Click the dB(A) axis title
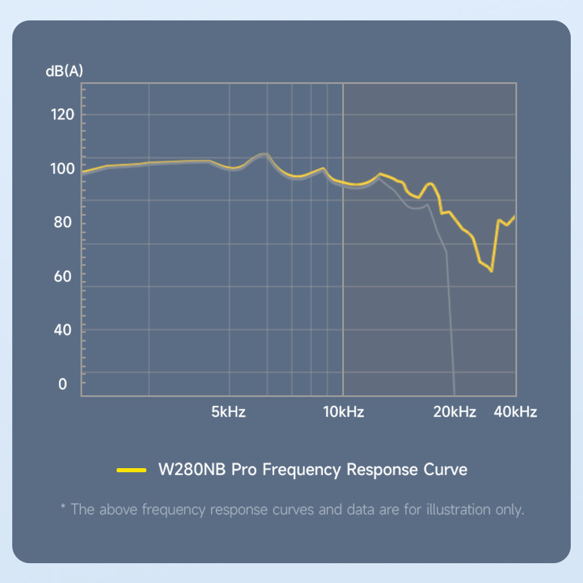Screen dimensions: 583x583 64,71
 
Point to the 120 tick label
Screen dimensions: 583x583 62,114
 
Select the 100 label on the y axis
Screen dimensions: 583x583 62,169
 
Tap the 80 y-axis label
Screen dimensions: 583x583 62,223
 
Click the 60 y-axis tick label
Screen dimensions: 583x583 62,276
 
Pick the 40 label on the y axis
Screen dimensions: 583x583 62,330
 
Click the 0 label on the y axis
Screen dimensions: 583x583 62,384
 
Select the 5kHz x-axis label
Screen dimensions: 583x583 228,412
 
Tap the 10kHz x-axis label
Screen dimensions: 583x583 343,412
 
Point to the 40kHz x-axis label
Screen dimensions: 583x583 515,412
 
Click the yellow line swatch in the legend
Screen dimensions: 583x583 131,470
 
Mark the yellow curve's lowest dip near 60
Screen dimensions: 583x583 491,271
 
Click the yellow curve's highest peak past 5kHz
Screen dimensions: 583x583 265,154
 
